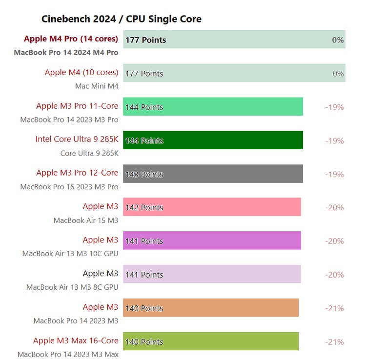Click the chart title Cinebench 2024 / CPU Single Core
(x=121, y=19)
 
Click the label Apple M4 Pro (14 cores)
(x=71, y=39)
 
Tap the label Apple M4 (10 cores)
(x=81, y=72)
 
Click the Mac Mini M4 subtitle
(x=97, y=86)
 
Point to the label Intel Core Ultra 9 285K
(x=77, y=139)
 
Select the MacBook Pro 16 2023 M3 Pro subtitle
(x=69, y=187)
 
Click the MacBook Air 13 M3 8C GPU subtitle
(x=72, y=287)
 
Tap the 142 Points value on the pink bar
(x=144, y=208)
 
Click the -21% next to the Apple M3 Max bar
(x=334, y=342)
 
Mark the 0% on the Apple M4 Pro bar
(x=338, y=40)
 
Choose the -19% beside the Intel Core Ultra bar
(x=334, y=141)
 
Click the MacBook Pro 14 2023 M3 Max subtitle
(x=68, y=355)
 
